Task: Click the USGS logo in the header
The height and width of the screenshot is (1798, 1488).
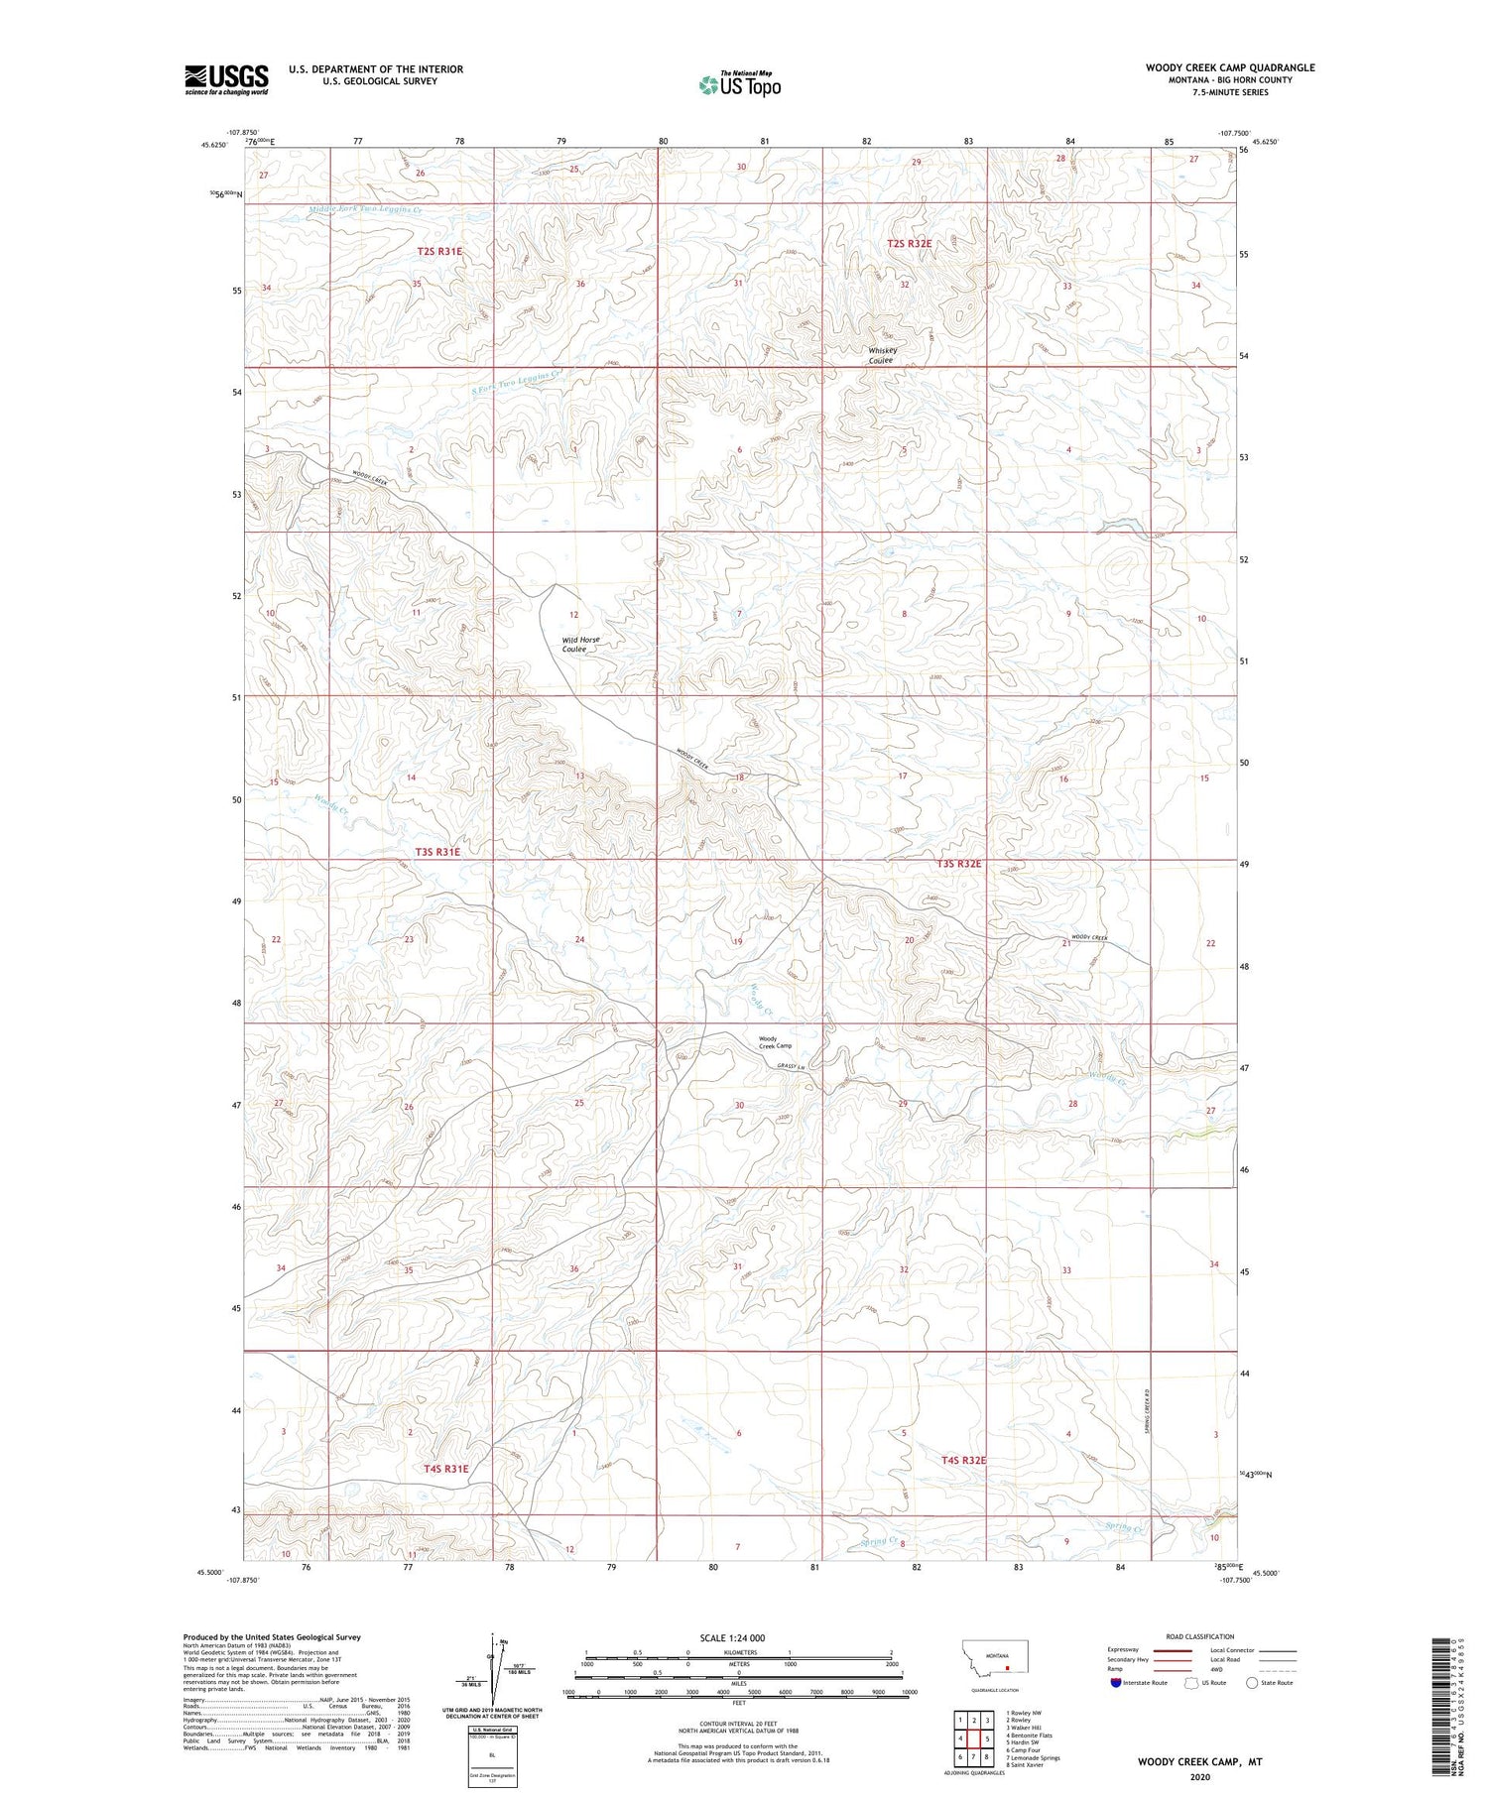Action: [226, 79]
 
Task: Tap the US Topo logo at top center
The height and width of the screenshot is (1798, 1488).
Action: [739, 84]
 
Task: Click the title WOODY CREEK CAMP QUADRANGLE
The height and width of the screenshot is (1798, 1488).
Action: [1230, 67]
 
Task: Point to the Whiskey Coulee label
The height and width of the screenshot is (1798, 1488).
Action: [882, 355]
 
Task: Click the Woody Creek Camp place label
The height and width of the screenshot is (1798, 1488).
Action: [775, 1042]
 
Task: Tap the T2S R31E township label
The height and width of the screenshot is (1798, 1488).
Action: [438, 252]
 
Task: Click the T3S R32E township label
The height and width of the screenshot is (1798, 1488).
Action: [958, 864]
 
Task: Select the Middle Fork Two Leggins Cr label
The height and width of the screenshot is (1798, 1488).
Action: [365, 210]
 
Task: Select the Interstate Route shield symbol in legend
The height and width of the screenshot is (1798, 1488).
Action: [1116, 1682]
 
